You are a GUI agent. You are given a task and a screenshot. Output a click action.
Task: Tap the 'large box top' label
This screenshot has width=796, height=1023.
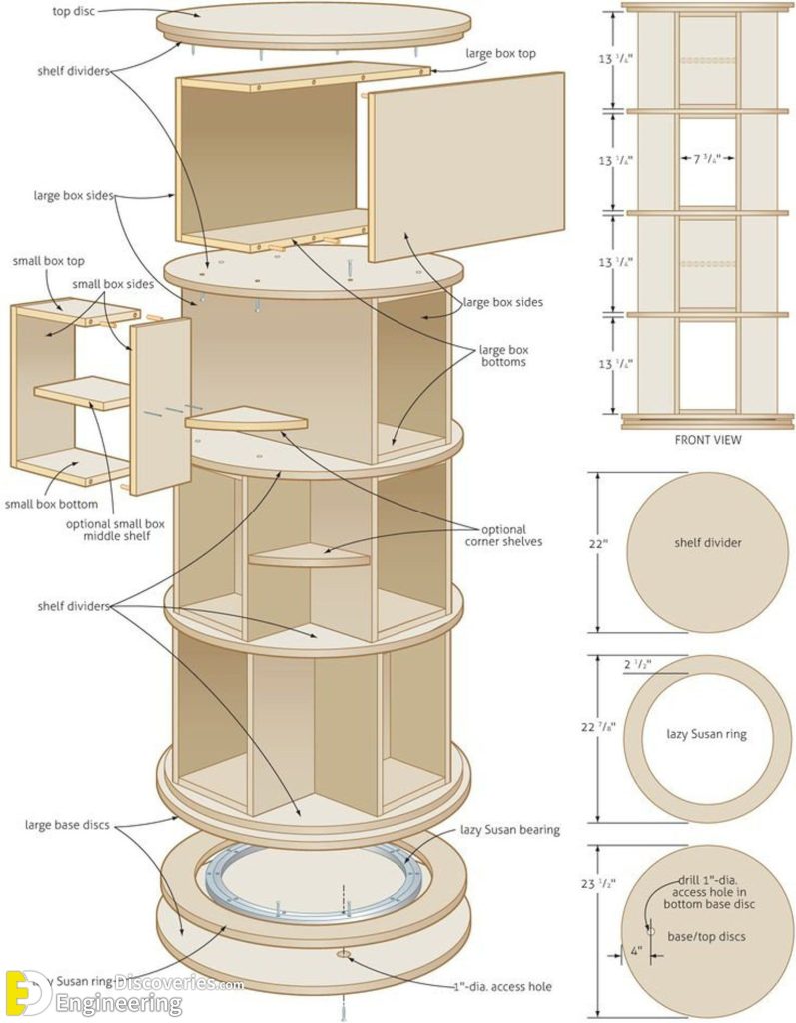500,53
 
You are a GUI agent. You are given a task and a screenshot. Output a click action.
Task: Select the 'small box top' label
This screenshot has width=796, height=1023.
48,261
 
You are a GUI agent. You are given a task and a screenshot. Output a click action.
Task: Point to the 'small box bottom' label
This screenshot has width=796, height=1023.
51,504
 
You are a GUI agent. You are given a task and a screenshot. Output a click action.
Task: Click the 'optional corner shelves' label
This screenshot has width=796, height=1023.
503,535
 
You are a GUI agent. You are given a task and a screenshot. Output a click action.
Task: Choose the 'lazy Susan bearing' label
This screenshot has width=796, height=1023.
509,829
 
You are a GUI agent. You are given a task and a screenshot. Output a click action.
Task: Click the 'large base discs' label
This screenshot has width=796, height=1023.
68,825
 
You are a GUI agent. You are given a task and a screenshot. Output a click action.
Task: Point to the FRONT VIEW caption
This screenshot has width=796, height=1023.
708,439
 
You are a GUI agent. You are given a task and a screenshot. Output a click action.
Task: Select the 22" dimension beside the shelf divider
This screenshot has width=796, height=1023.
598,544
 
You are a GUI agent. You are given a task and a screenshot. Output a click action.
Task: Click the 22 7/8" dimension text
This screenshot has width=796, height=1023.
598,727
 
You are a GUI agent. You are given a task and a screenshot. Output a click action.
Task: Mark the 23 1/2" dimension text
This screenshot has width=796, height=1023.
598,883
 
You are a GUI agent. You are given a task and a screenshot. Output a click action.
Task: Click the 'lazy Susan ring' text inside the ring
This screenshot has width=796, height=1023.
706,734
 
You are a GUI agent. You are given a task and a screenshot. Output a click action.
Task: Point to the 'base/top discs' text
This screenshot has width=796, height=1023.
706,936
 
